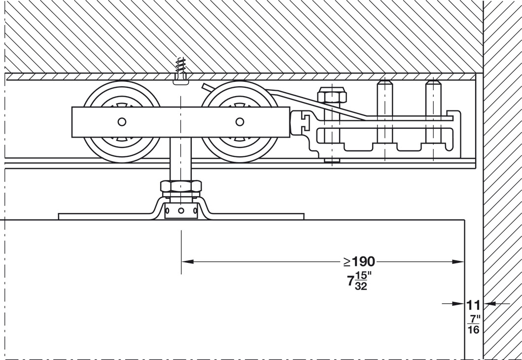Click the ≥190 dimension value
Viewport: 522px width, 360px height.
359,262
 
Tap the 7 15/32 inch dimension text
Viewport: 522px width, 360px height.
359,281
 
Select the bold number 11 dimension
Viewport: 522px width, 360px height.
473,305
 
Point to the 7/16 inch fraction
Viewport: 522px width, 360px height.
473,324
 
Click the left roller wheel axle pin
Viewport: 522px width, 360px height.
122,122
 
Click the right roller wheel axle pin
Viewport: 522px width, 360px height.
240,122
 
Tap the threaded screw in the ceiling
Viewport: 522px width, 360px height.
180,70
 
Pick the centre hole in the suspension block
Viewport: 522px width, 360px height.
181,211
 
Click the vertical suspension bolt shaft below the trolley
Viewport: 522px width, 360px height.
181,159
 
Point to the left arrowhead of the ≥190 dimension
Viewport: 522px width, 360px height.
187,262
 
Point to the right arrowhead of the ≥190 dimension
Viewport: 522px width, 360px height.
458,262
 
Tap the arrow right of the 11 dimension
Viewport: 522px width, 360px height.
496,303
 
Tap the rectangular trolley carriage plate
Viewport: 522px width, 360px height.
181,122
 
